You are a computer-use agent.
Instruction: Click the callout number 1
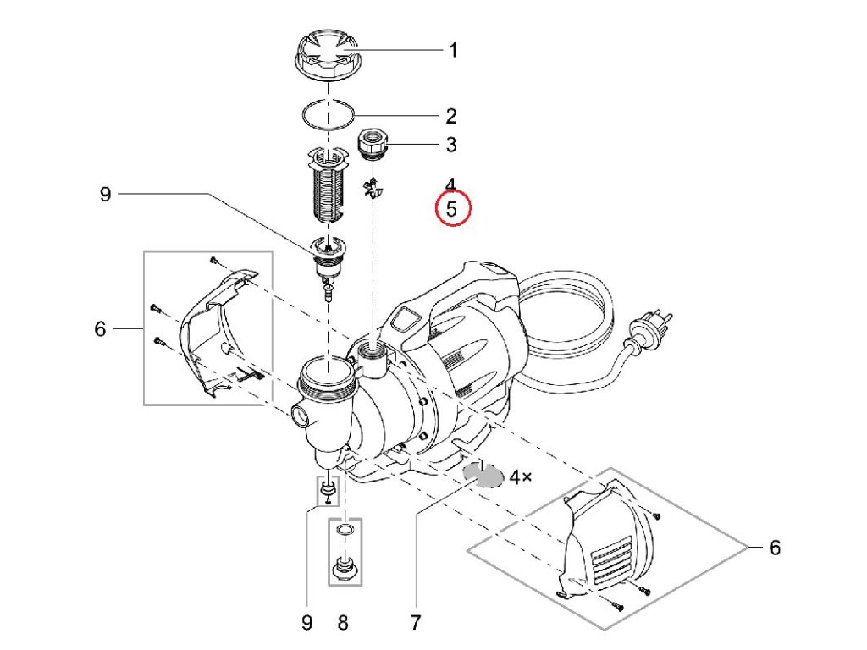click(x=452, y=51)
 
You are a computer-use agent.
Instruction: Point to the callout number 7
click(x=415, y=623)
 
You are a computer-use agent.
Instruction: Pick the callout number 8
click(x=343, y=623)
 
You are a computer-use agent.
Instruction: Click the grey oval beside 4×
click(x=483, y=476)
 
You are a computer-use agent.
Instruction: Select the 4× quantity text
click(x=520, y=478)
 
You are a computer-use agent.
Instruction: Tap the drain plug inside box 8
click(x=343, y=565)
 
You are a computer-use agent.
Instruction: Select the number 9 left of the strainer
click(x=105, y=195)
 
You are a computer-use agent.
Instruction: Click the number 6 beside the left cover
click(x=100, y=328)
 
